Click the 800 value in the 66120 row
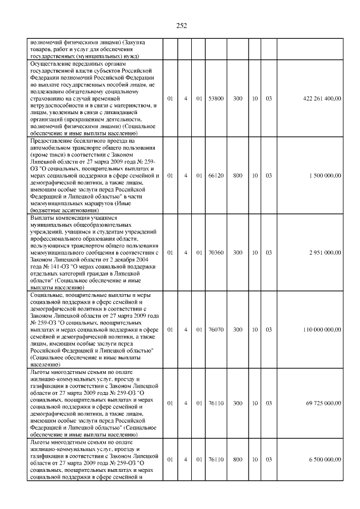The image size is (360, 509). (238, 175)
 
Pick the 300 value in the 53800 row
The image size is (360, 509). (238, 98)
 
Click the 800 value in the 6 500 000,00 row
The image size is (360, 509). (238, 460)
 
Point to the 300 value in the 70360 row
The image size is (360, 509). (238, 253)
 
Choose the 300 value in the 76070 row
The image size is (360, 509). (238, 330)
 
